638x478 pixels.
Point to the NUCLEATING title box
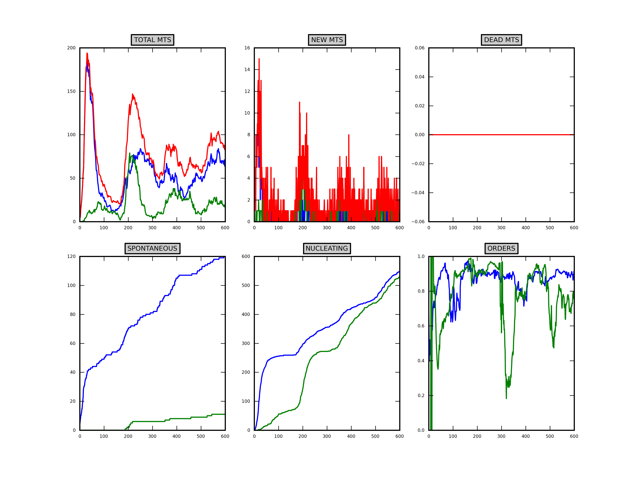click(x=327, y=248)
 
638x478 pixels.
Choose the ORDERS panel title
click(x=501, y=248)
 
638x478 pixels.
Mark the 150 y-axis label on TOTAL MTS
click(x=71, y=91)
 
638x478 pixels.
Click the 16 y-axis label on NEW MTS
click(x=247, y=48)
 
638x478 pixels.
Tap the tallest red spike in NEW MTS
click(x=259, y=59)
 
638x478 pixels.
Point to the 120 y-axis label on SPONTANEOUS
click(x=71, y=256)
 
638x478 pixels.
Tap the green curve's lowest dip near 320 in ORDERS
click(x=506, y=398)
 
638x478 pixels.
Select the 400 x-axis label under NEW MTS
click(x=351, y=228)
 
